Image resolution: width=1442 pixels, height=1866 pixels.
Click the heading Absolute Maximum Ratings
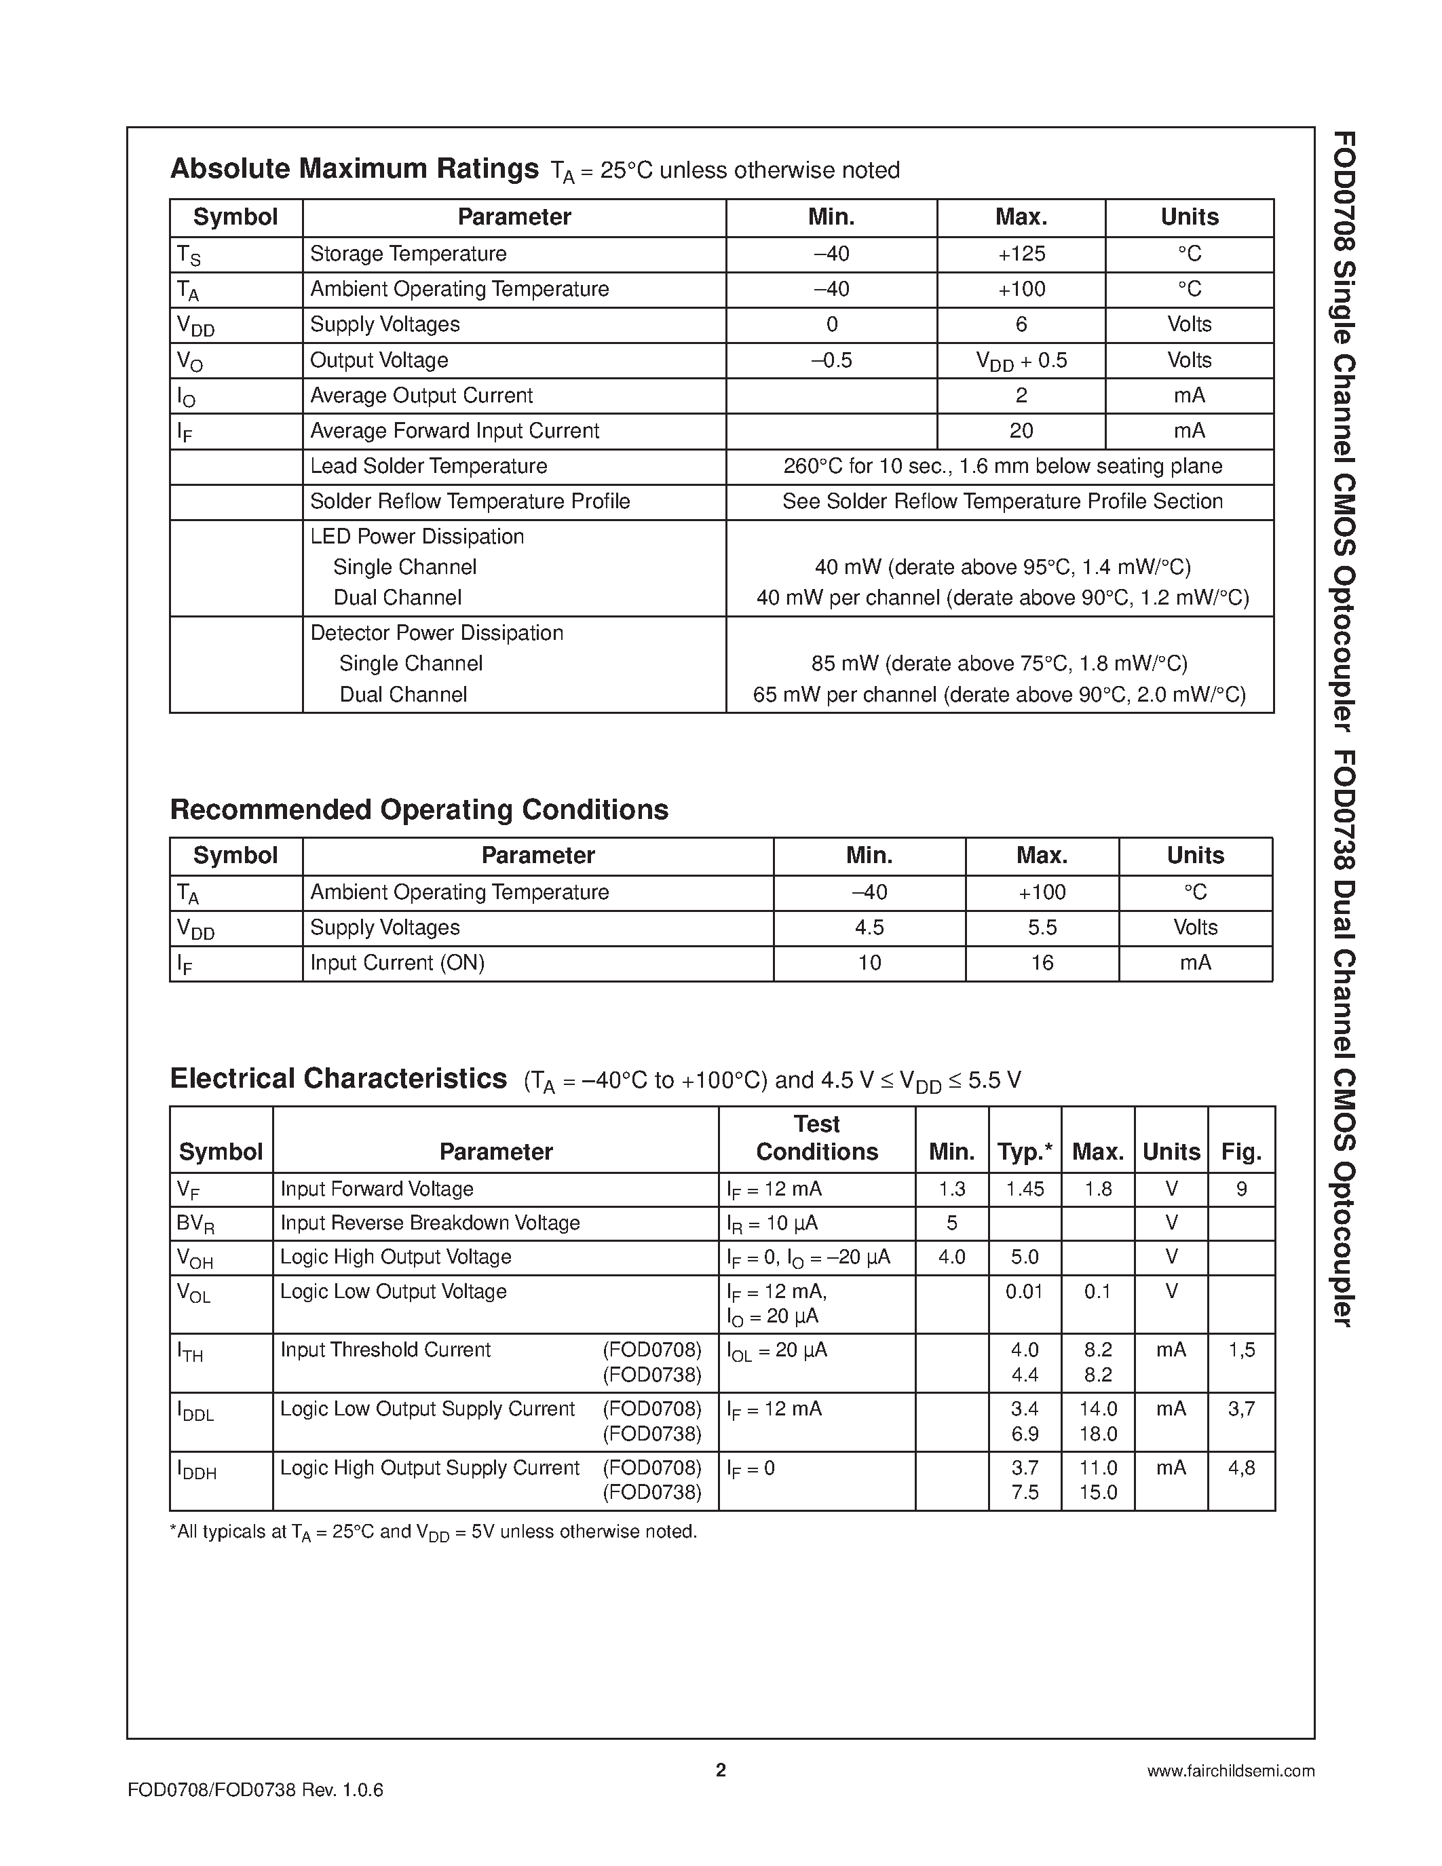point(354,169)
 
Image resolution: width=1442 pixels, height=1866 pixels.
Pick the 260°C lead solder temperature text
point(1002,467)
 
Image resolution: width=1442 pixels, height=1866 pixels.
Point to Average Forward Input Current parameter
point(455,431)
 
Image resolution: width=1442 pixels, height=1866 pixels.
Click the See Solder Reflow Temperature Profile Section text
point(1002,501)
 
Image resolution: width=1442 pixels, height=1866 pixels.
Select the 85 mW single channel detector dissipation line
point(999,664)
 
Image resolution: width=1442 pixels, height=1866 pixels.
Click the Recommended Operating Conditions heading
point(419,809)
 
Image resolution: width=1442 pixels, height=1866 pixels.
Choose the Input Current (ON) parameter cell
point(397,963)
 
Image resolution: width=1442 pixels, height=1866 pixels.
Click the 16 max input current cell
point(1042,963)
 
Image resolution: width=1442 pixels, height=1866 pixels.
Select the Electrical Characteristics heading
point(339,1079)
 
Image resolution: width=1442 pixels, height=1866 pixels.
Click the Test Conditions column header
point(816,1138)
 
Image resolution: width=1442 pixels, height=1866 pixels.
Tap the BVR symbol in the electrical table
point(195,1224)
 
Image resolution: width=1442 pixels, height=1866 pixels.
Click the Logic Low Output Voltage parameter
point(393,1292)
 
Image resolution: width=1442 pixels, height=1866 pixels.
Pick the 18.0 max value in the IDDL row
point(1098,1434)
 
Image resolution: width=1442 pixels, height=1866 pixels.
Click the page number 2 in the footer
point(720,1770)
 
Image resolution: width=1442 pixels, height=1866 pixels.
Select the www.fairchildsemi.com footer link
point(1230,1771)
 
